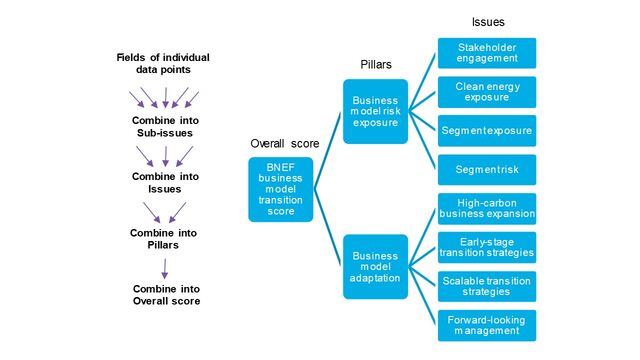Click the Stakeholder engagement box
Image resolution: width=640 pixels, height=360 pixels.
coord(487,53)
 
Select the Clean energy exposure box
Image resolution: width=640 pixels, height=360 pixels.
coord(487,92)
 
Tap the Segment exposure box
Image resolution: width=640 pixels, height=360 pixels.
coord(487,130)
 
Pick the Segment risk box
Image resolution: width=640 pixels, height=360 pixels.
coord(487,169)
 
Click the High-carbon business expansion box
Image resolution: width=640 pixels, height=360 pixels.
coord(487,208)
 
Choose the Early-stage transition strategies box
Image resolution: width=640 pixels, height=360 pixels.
coord(487,246)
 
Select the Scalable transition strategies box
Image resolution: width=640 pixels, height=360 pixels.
coord(487,285)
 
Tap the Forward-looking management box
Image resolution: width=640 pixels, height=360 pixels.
coord(487,324)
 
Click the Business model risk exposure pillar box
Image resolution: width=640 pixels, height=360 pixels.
coord(374,111)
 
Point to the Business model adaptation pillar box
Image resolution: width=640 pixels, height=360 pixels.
coord(374,266)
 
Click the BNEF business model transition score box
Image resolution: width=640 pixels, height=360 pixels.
coord(282,189)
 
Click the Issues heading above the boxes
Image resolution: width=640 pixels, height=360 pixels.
coord(489,21)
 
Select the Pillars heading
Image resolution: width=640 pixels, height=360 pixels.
coord(375,64)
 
